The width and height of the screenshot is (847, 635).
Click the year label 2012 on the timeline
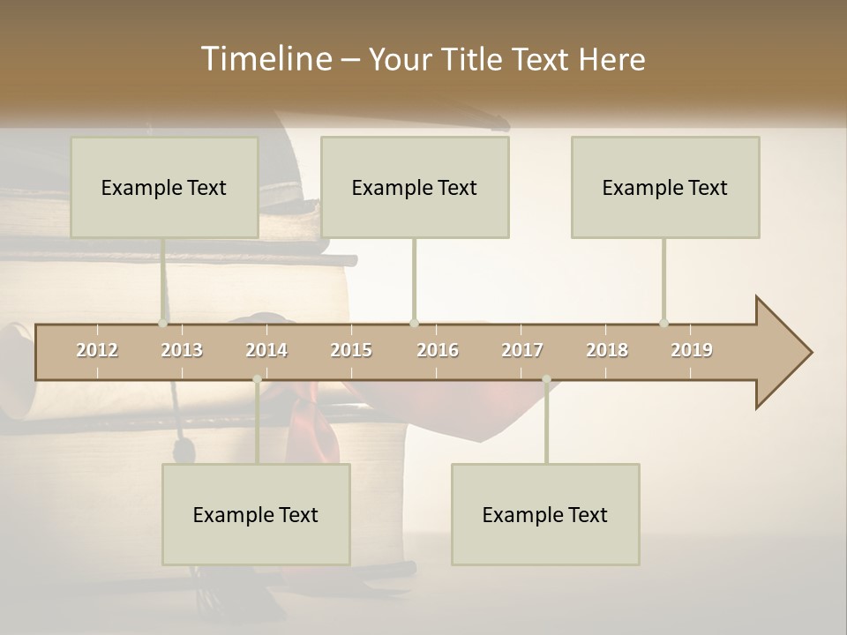(x=97, y=350)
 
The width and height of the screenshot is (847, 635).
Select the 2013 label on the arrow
(x=182, y=350)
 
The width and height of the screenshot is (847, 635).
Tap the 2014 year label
(x=266, y=350)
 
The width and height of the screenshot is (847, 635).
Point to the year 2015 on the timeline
(x=351, y=350)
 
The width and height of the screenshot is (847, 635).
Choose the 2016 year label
(x=438, y=350)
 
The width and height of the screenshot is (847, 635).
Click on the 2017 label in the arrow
(x=522, y=350)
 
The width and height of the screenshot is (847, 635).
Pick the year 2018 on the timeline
(x=607, y=350)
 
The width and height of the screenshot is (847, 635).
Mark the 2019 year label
(x=692, y=350)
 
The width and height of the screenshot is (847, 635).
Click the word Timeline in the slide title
(x=266, y=59)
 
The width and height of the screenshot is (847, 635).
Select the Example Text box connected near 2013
(x=164, y=187)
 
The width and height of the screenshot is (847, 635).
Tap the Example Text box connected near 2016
(x=415, y=187)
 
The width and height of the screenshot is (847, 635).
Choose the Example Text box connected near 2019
(x=665, y=187)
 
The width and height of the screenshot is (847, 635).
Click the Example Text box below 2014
(x=256, y=514)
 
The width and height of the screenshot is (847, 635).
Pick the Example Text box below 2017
(x=545, y=514)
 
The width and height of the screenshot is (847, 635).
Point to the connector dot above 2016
(x=415, y=323)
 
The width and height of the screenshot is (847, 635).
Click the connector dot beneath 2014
(x=257, y=379)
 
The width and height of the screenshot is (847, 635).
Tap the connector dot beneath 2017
(x=546, y=379)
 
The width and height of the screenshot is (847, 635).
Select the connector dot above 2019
(x=664, y=323)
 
